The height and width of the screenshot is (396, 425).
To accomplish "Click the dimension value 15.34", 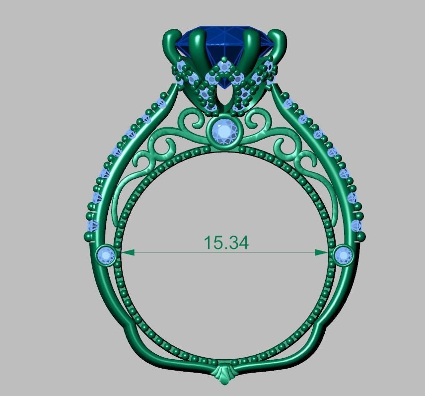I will (x=226, y=242).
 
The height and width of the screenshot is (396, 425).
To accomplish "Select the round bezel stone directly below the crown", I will (x=225, y=131).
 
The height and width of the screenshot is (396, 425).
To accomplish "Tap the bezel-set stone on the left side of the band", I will (x=106, y=255).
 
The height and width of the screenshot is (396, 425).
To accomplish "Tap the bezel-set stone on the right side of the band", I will (x=344, y=255).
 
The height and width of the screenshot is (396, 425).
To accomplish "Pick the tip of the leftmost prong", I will (x=171, y=35).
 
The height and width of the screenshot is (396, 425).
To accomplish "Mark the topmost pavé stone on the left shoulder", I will (x=160, y=103).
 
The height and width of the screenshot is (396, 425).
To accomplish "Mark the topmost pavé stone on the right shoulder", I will (x=288, y=103).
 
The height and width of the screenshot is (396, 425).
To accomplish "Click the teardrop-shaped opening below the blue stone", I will (x=225, y=95).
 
